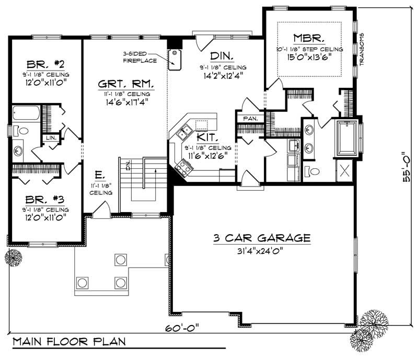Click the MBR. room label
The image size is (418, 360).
click(309, 38)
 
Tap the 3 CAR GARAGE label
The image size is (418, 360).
click(261, 238)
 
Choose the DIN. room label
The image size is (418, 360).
click(222, 56)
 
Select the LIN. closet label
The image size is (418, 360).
click(51, 137)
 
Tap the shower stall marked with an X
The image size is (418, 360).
click(345, 169)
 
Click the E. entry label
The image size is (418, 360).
click(98, 175)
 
